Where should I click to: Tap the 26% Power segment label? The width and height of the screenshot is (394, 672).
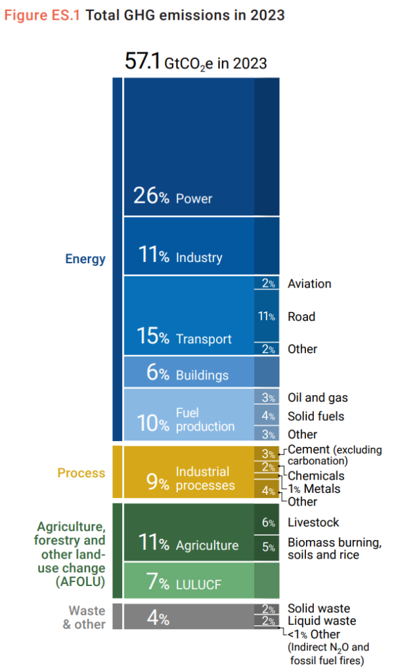173,197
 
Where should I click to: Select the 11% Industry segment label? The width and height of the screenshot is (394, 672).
180,257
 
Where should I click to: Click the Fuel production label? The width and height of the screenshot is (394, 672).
205,419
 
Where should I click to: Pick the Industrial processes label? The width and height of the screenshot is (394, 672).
205,478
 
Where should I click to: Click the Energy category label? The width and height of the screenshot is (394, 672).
85,259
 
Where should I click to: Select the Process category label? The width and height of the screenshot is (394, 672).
81,472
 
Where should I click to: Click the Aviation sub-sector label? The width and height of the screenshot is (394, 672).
309,283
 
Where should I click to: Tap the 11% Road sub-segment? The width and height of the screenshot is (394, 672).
266,316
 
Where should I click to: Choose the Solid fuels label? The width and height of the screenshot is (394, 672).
316,416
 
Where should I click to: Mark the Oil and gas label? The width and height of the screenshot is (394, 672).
318,398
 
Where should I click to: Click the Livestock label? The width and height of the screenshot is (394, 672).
313,522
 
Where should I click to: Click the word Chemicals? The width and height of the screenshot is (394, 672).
316,475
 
